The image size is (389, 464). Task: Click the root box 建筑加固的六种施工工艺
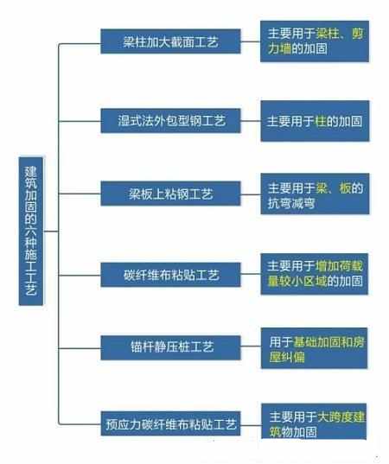[x=31, y=231]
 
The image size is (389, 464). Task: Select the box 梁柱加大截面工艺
[x=170, y=41]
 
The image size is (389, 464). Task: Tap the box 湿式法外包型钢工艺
[x=170, y=121]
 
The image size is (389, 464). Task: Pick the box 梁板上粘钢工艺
[x=170, y=194]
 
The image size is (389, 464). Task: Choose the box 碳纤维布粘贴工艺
[x=170, y=275]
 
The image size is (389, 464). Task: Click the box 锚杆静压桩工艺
[x=170, y=347]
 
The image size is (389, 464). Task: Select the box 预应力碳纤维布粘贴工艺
[x=170, y=423]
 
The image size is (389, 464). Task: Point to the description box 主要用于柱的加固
[x=315, y=121]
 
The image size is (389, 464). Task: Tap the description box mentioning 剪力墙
[x=315, y=41]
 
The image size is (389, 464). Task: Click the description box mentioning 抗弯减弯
[x=315, y=194]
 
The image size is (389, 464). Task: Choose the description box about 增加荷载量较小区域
[x=315, y=274]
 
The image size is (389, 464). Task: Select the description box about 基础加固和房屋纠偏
[x=315, y=348]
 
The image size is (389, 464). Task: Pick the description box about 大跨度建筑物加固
[x=314, y=422]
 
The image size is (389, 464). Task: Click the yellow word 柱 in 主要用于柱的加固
[x=321, y=121]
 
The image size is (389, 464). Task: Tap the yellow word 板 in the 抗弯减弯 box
[x=345, y=188]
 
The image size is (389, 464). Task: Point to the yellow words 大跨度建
[x=341, y=417]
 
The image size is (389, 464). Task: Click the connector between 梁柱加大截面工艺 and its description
[x=251, y=41]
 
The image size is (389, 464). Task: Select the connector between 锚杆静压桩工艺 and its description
[x=251, y=346]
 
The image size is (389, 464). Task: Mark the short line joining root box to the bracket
[x=51, y=231]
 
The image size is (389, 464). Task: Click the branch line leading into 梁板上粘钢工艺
[x=80, y=194]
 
